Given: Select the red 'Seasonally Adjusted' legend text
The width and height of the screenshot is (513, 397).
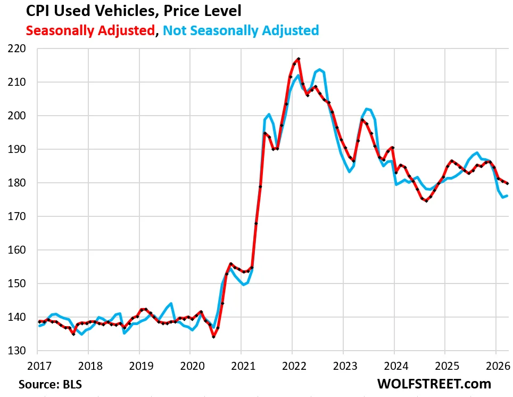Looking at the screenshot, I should (x=90, y=30).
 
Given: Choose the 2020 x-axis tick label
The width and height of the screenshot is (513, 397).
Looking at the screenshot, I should (x=190, y=366).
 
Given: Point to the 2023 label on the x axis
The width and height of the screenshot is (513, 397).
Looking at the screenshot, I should (x=343, y=366).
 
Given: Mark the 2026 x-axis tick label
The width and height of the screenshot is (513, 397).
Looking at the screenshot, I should (x=495, y=366).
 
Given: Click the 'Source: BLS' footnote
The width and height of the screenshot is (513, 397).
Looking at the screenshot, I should (x=51, y=384).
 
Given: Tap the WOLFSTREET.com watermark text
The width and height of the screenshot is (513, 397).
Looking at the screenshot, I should (x=434, y=384).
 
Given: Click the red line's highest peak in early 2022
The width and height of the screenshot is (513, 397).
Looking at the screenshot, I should (x=299, y=59).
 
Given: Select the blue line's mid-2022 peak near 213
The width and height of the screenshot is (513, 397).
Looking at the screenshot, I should (x=319, y=70).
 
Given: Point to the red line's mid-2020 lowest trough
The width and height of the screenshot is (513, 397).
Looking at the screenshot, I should (x=213, y=337).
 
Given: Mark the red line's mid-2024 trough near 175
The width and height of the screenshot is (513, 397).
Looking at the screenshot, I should (x=426, y=201).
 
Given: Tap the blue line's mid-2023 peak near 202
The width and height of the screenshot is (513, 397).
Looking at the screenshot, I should (x=367, y=109).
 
